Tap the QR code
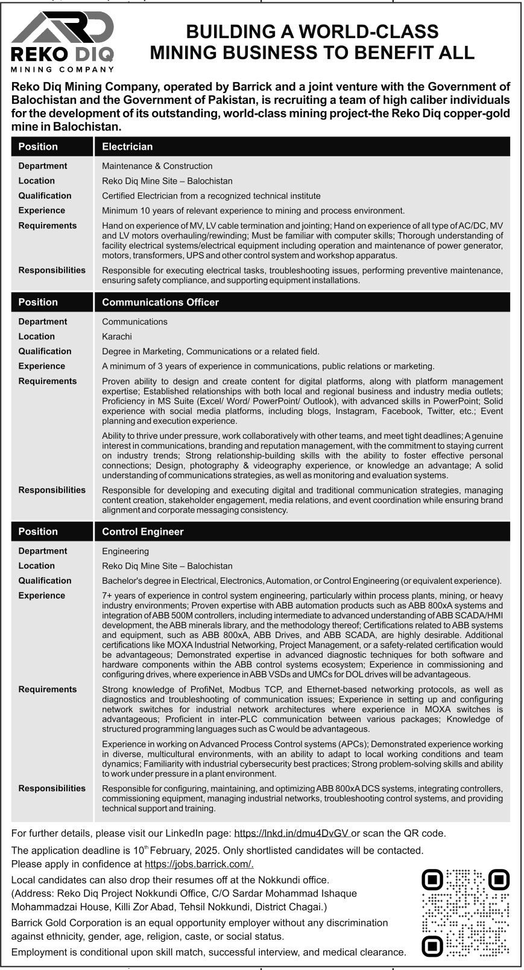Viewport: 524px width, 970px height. click(466, 913)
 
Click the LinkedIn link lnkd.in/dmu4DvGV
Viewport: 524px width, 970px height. click(292, 833)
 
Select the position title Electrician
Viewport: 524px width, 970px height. click(127, 147)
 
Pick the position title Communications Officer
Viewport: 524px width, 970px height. click(160, 302)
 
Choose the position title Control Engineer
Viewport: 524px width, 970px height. click(142, 532)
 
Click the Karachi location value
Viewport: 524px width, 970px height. click(117, 336)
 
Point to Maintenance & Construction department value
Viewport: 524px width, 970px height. click(157, 166)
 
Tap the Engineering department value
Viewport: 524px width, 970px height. click(125, 551)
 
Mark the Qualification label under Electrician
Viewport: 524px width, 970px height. click(45, 196)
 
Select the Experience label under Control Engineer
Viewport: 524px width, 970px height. click(42, 595)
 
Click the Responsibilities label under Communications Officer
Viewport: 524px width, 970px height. click(52, 490)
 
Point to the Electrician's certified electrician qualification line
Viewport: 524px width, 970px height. click(211, 196)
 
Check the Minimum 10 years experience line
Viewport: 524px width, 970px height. click(253, 211)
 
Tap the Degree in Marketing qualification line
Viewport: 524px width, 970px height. click(210, 351)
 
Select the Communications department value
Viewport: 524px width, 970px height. click(134, 322)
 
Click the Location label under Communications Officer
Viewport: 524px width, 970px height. click(36, 336)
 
